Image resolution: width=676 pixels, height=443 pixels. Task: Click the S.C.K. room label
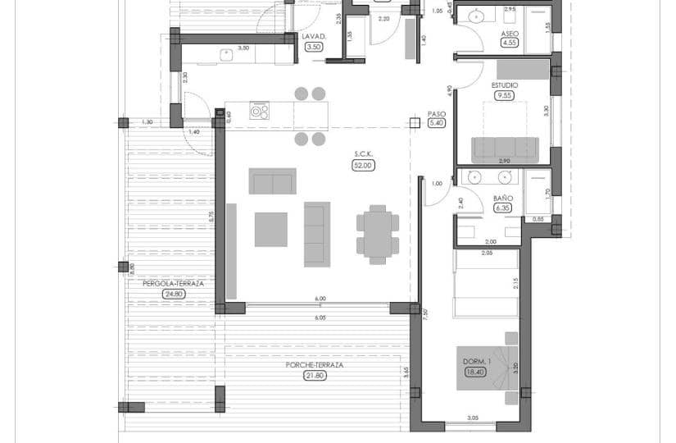tap(364, 154)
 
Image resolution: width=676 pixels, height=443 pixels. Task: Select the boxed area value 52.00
tap(363, 165)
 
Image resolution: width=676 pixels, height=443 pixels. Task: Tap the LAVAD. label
tap(315, 37)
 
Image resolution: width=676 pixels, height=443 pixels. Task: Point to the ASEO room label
tap(510, 33)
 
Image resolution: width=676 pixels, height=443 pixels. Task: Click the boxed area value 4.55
tap(510, 43)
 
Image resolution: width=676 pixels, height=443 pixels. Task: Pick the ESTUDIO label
tap(504, 85)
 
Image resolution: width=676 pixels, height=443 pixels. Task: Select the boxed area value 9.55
tap(504, 95)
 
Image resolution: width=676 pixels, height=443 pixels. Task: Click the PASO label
tap(436, 114)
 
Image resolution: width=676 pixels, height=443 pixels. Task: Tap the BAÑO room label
tap(503, 199)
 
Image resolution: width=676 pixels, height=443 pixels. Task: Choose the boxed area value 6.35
tap(503, 208)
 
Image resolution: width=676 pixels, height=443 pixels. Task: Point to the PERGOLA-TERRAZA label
tap(173, 283)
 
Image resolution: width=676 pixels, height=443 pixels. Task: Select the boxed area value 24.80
tap(173, 293)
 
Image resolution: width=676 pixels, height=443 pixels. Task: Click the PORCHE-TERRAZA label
tap(313, 365)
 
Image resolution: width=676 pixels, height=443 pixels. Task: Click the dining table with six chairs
tap(377, 233)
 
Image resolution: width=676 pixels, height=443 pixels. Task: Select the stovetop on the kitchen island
tap(260, 111)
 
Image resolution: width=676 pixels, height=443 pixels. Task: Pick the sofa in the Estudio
tap(505, 150)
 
